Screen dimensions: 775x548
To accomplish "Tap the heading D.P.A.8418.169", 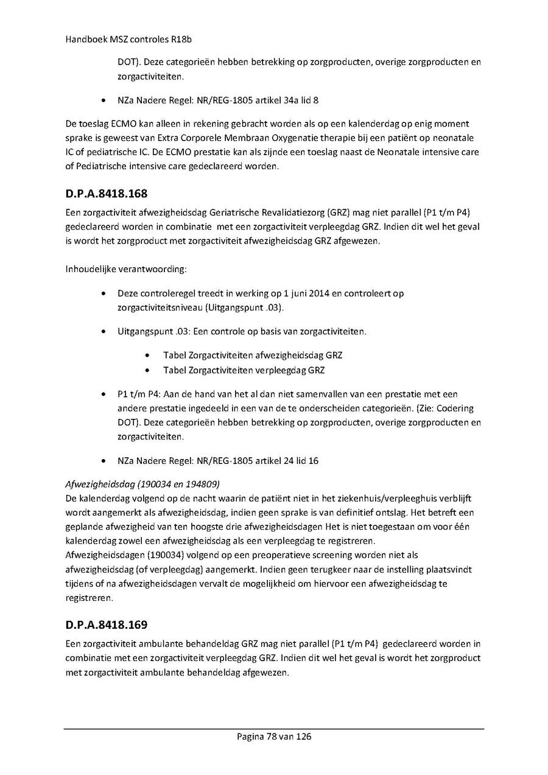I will [107, 625].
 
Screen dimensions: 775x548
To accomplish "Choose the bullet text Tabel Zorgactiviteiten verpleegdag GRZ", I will [244, 370].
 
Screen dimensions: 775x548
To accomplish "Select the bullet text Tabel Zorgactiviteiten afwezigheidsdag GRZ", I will [256, 355].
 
